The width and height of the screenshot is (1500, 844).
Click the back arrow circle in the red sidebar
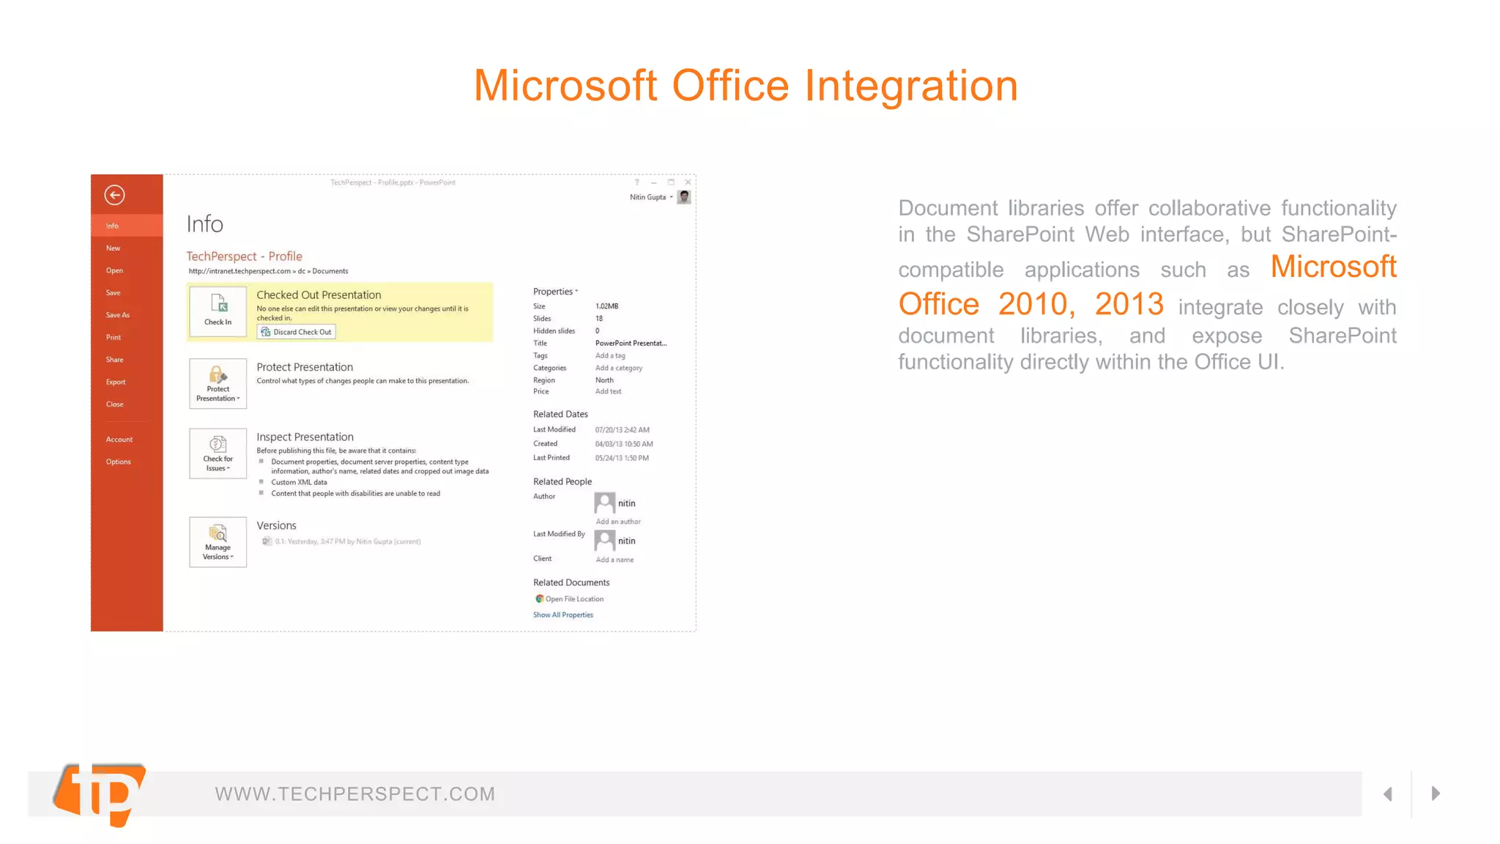point(114,195)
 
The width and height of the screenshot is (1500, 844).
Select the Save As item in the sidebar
point(117,315)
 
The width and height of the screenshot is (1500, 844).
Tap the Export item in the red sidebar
point(116,382)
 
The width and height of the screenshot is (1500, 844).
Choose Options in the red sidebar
point(118,462)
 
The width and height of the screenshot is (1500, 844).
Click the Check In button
point(218,311)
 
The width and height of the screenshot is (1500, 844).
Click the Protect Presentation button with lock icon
point(218,383)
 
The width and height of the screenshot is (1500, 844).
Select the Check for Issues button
point(218,454)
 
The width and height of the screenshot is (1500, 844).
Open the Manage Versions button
point(218,542)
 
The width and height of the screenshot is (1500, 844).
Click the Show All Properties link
point(562,615)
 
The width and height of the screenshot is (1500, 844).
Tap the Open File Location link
point(573,599)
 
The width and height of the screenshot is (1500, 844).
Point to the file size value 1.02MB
point(606,306)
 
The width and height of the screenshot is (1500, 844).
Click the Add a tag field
point(610,355)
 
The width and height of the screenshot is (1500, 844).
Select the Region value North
point(604,380)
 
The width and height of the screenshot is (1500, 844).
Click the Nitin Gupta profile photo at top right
point(684,197)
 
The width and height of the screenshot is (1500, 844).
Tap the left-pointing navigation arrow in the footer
point(1387,793)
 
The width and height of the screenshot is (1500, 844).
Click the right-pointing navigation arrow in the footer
point(1436,793)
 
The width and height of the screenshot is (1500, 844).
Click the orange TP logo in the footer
point(101,794)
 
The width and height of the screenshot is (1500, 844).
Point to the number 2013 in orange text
point(1129,304)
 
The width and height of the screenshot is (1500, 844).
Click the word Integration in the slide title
point(911,86)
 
